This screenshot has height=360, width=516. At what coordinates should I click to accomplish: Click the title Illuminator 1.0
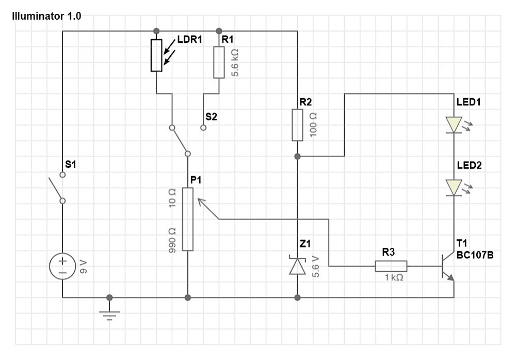(46, 16)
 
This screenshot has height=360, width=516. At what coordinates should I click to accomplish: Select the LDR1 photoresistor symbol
(157, 55)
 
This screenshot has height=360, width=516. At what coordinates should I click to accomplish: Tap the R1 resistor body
(219, 62)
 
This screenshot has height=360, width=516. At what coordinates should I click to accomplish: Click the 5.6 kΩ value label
(235, 62)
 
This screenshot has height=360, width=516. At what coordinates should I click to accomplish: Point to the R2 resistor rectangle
(298, 125)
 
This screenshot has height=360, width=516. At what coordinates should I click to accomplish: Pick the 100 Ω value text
(313, 125)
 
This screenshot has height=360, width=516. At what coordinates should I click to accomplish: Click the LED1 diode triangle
(454, 125)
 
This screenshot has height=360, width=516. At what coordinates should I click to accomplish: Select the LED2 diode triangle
(454, 187)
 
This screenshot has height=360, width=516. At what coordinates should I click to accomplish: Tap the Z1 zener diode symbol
(298, 265)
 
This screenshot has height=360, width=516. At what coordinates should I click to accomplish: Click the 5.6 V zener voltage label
(315, 267)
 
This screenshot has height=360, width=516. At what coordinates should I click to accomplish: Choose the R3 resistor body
(391, 266)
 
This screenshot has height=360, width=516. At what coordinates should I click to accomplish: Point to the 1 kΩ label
(394, 277)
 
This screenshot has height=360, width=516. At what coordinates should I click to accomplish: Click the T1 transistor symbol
(447, 267)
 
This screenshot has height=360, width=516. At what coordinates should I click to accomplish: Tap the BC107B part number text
(475, 255)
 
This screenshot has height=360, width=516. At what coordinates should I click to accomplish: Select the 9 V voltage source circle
(62, 266)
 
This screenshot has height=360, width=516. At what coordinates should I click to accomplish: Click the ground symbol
(109, 315)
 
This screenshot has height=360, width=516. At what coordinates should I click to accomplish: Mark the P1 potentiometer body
(188, 220)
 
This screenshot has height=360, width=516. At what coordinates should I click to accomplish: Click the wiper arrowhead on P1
(200, 201)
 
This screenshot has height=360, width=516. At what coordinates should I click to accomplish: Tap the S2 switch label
(211, 117)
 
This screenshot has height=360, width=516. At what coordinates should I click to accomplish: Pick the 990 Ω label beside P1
(172, 241)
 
